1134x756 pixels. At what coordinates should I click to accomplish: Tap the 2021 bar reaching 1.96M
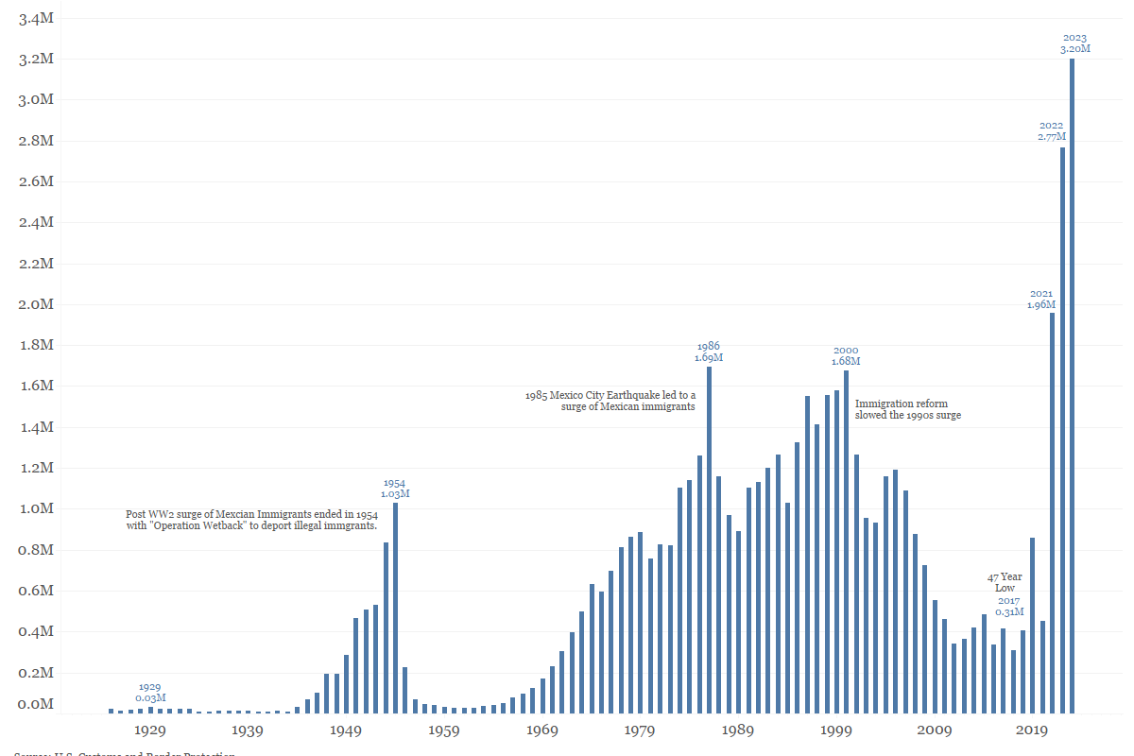(1052, 510)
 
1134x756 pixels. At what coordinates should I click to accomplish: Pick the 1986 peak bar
(709, 539)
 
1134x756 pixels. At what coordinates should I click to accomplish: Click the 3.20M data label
(1075, 49)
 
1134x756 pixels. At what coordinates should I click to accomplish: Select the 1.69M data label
(709, 358)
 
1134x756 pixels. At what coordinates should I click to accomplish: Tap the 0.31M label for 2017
(1009, 612)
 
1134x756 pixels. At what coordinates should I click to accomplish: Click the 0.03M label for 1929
(150, 698)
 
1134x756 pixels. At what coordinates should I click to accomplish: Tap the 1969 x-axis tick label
(542, 730)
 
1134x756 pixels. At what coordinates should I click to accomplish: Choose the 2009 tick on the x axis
(934, 730)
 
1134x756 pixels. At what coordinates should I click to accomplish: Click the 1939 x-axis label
(248, 730)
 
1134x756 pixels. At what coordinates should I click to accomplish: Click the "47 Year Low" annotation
(1005, 582)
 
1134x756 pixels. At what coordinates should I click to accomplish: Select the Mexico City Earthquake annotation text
(610, 401)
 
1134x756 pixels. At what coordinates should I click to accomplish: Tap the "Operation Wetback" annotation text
(251, 520)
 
